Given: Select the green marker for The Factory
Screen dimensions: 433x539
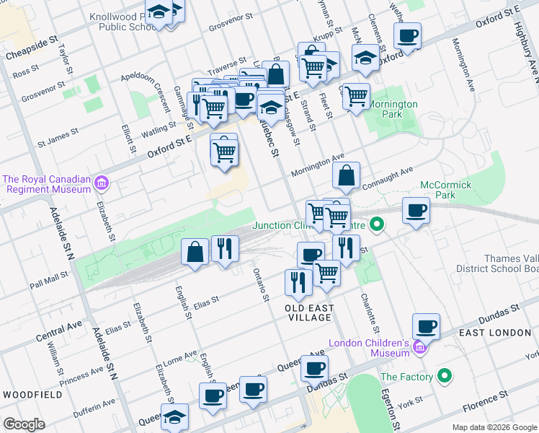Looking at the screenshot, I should pos(445,376).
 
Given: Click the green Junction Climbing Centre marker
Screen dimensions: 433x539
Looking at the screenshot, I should pos(375,225).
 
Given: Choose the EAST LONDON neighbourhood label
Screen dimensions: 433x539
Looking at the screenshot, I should pos(495,333).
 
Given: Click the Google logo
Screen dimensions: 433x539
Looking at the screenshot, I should pos(24,424).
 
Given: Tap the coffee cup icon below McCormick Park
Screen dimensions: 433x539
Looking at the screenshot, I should pos(415,210).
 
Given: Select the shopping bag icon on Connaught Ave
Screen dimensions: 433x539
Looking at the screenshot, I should pos(347,175).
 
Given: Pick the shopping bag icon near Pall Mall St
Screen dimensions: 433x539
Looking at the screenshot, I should pos(195,252).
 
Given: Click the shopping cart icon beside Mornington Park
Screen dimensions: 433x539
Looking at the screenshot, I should pos(356,95).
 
